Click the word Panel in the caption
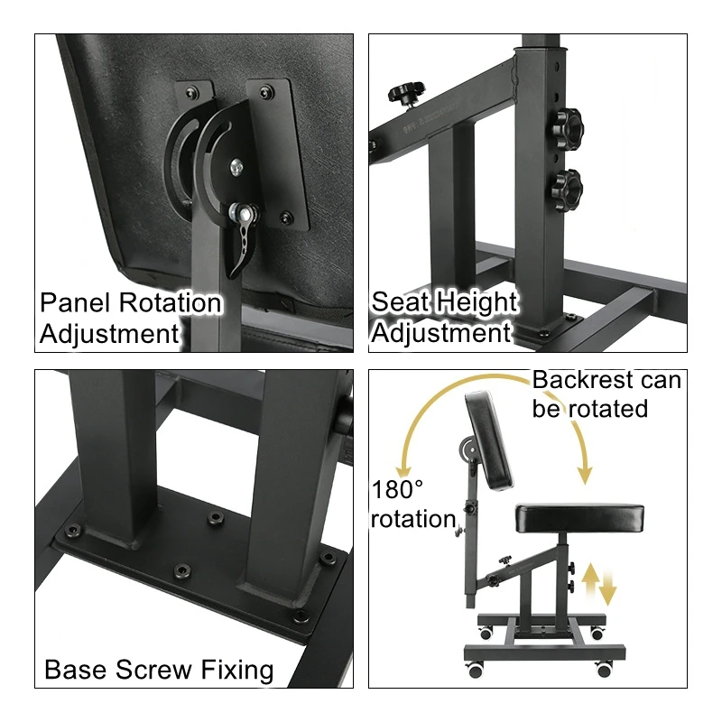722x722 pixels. [x=75, y=303]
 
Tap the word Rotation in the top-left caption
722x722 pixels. [x=170, y=303]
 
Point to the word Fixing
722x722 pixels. [x=236, y=671]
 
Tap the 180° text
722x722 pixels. [x=397, y=489]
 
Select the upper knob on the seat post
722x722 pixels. [x=568, y=127]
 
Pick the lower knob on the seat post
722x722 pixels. [x=568, y=190]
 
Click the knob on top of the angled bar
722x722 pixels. [x=405, y=91]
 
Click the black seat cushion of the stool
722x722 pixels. [x=579, y=519]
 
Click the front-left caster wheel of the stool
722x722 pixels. [x=477, y=670]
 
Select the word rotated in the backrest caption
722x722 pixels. [x=607, y=409]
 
